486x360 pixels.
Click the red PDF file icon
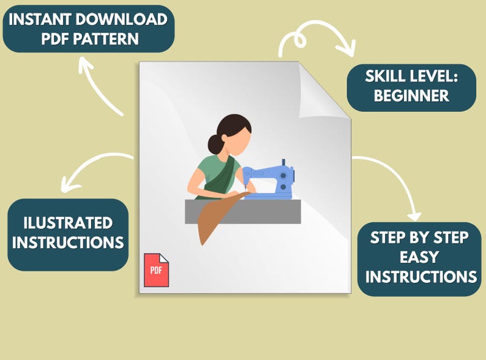[156, 270]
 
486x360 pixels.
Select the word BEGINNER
[411, 96]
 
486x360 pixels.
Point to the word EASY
[420, 257]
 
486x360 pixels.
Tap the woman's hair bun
[215, 144]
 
